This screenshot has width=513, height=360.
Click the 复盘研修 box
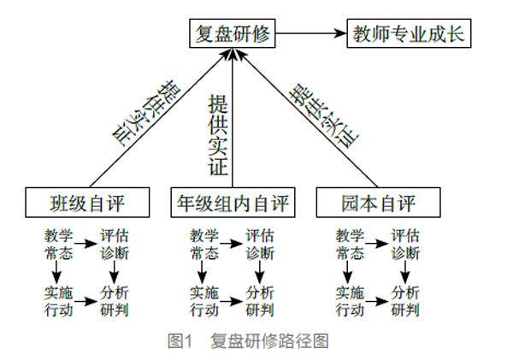233,35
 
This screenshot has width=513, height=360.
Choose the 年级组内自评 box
233,204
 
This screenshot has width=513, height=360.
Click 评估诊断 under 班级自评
115,243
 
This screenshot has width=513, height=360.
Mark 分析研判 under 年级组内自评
260,299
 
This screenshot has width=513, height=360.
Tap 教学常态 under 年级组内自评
205,243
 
